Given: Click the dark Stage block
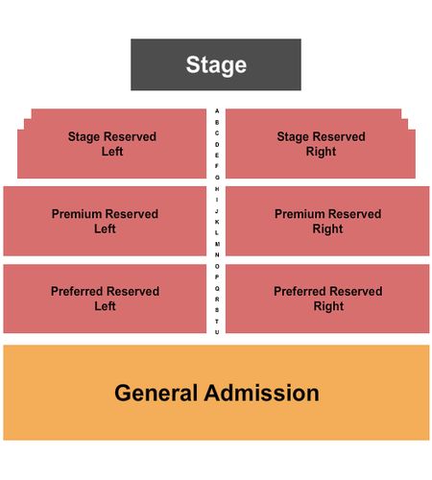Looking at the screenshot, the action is click(216, 64).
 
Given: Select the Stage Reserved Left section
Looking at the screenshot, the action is click(112, 144).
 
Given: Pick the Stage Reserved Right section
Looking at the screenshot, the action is click(321, 144).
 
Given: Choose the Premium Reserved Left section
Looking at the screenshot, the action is click(105, 221).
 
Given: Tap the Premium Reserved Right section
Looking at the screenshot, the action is click(327, 221).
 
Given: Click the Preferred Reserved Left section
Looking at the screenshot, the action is click(105, 299).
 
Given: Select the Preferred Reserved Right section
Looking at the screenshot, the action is click(327, 299).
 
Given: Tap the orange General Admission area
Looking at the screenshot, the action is click(216, 393).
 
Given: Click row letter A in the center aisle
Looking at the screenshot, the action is click(217, 111).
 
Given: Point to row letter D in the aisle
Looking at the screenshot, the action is click(217, 145).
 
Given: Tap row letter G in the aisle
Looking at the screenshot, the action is click(217, 178).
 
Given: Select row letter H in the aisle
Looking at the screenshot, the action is click(217, 189).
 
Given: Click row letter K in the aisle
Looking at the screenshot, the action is click(217, 222).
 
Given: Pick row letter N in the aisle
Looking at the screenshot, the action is click(217, 255).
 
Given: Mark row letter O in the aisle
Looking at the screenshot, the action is click(217, 266).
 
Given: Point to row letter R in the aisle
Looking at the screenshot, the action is click(217, 300).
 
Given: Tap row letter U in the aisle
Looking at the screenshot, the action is click(217, 332).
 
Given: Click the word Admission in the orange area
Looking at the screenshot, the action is click(261, 393).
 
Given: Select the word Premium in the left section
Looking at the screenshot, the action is click(76, 214).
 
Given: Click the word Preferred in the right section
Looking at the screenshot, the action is click(299, 291).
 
